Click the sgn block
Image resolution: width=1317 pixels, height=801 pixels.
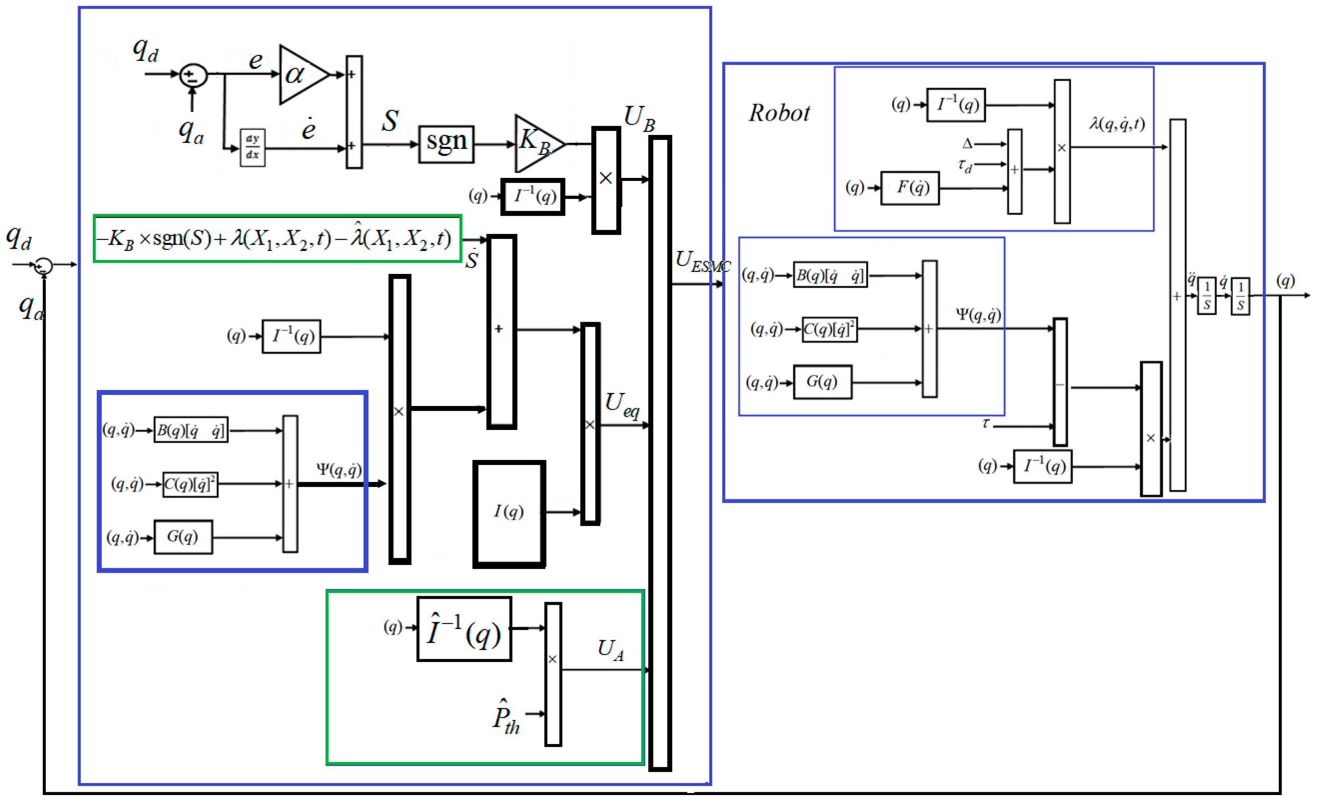[446, 144]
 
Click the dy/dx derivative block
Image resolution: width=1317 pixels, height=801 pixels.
[252, 147]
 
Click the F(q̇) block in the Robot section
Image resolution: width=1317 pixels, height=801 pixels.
[910, 188]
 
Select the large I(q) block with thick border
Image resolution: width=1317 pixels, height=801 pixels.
[509, 513]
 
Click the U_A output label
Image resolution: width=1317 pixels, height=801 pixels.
[610, 650]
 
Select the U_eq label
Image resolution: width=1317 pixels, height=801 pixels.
[621, 404]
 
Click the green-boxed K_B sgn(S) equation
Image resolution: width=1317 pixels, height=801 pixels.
[277, 238]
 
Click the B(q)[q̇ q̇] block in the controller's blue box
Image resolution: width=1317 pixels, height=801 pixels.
[191, 430]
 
